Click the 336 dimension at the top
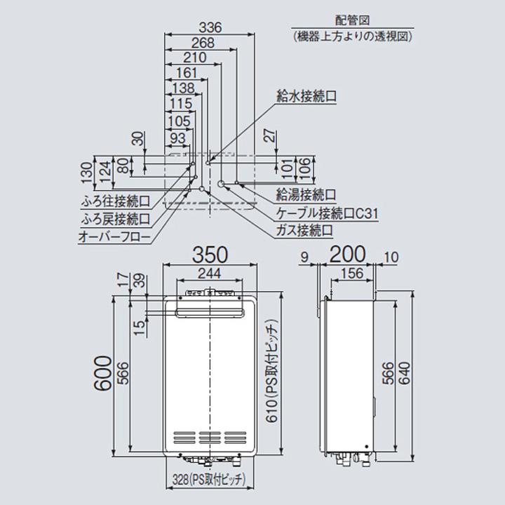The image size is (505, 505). point(210,28)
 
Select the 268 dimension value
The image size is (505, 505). point(203,43)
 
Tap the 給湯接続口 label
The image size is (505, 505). point(307,194)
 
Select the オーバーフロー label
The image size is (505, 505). point(114,238)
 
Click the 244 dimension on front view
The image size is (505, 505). point(210,273)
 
